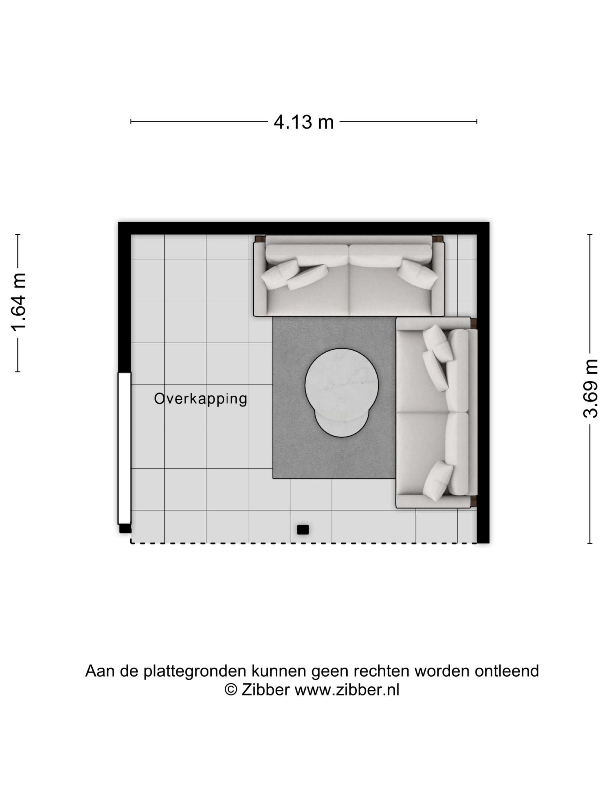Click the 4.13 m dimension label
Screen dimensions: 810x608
(303, 122)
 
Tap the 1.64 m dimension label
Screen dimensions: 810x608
(18, 302)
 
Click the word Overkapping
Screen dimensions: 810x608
(200, 399)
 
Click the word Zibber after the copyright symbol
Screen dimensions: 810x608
(265, 690)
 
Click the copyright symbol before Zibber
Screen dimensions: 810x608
(231, 690)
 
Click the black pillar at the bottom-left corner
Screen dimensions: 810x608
(125, 529)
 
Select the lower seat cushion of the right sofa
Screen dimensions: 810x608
(422, 454)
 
